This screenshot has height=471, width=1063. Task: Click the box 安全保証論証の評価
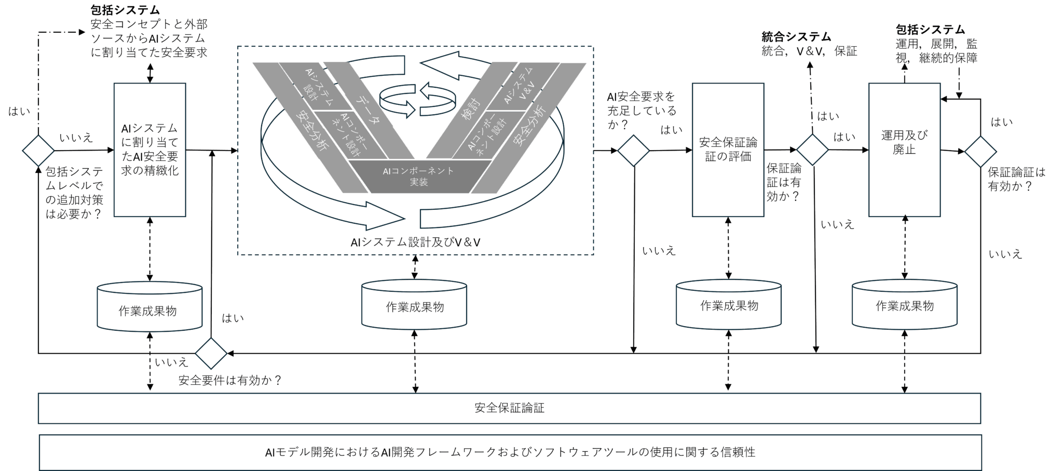click(x=728, y=150)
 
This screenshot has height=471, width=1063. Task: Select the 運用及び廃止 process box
click(x=904, y=150)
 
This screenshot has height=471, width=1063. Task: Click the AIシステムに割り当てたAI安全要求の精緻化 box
click(x=149, y=150)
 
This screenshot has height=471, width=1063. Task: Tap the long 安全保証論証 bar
click(x=509, y=408)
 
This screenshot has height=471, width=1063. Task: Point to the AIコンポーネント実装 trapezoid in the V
click(x=419, y=177)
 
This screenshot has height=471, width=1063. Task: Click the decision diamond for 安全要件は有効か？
click(x=211, y=354)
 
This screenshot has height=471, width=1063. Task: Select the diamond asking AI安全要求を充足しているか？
click(x=633, y=151)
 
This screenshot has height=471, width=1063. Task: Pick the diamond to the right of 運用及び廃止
click(x=980, y=152)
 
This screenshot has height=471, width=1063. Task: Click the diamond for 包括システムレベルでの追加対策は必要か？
click(x=38, y=151)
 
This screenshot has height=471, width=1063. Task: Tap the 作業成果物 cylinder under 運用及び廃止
click(x=904, y=305)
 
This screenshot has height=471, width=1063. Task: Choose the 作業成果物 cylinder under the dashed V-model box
click(x=414, y=305)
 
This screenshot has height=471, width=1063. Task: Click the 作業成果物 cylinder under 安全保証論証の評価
click(x=728, y=305)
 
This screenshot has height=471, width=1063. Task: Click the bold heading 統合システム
click(x=796, y=36)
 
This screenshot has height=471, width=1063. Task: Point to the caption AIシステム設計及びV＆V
click(x=415, y=242)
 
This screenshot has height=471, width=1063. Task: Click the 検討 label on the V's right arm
click(x=471, y=110)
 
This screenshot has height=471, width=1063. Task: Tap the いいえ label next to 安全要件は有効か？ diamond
click(x=171, y=362)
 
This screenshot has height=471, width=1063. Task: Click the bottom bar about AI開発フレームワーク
click(x=510, y=452)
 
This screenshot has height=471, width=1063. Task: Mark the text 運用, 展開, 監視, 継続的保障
click(x=936, y=51)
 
